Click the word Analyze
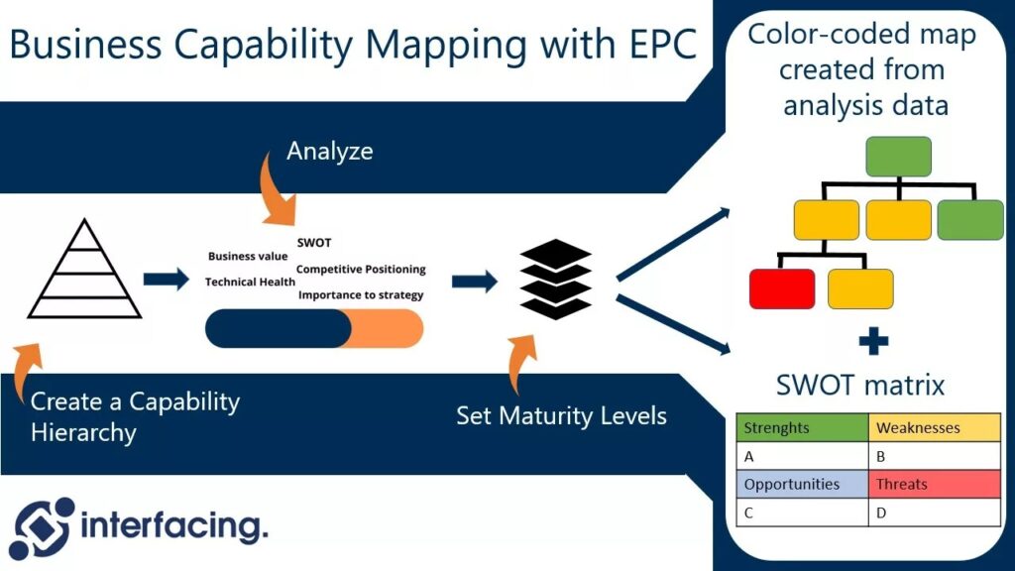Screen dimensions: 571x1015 pyautogui.click(x=329, y=152)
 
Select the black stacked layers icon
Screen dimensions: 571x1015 pyautogui.click(x=555, y=280)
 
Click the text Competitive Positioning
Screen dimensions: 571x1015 pyautogui.click(x=361, y=269)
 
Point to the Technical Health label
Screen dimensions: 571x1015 pyautogui.click(x=250, y=282)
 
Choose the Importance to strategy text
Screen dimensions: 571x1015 pyautogui.click(x=361, y=294)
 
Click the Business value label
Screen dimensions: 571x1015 pyautogui.click(x=248, y=256)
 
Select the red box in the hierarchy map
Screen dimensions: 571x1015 pyautogui.click(x=782, y=288)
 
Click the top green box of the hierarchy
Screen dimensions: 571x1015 pyautogui.click(x=898, y=157)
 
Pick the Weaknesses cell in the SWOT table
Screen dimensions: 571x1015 pyautogui.click(x=934, y=428)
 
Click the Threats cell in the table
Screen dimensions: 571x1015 pyautogui.click(x=934, y=484)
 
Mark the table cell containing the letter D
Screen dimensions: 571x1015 pyautogui.click(x=934, y=513)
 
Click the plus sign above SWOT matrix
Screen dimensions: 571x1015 pyautogui.click(x=872, y=342)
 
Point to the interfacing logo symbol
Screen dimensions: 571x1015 pyautogui.click(x=46, y=526)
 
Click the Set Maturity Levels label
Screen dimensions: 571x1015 pyautogui.click(x=561, y=414)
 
